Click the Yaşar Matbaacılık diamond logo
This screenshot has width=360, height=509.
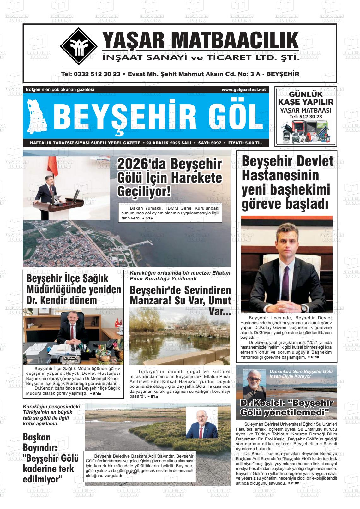[79, 46]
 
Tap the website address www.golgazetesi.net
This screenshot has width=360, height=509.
[243, 90]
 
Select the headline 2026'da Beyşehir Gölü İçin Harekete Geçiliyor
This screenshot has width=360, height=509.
[170, 177]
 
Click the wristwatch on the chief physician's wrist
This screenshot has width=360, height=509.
[303, 307]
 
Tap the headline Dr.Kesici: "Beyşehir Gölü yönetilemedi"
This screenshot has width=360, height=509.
[286, 407]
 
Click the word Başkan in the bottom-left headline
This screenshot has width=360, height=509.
[37, 437]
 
